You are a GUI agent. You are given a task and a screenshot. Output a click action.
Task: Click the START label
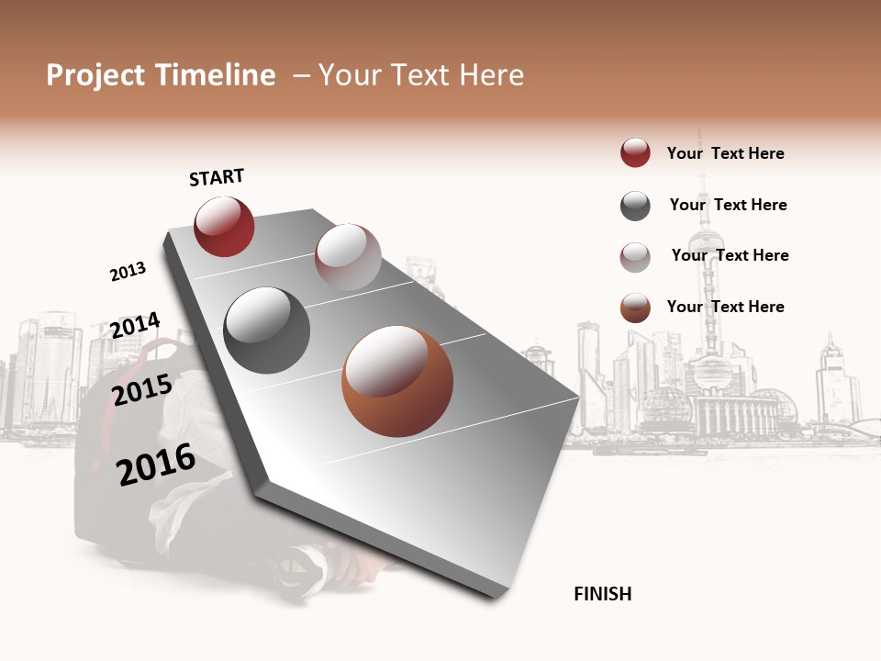pos(217,177)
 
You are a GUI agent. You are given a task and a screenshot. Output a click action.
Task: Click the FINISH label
pos(602,594)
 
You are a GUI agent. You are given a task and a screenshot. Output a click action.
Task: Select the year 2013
pos(128,272)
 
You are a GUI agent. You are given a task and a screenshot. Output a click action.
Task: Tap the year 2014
pos(135,326)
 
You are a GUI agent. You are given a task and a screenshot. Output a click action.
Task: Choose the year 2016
pos(156,464)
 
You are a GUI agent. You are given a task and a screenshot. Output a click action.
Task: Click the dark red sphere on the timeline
pos(224,227)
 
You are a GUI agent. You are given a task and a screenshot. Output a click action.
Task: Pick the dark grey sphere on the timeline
pos(266,330)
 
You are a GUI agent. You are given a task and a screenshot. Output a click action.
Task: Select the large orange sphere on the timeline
pos(397,381)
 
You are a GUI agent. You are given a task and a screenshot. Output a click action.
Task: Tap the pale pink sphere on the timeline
pos(348,257)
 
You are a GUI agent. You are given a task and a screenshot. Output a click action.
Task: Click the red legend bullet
pos(635,153)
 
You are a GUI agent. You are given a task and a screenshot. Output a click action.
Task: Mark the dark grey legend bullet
pos(635,206)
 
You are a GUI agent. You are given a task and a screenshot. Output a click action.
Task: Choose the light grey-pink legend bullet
pos(635,257)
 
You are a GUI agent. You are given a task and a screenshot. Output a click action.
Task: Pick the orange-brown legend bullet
pos(635,308)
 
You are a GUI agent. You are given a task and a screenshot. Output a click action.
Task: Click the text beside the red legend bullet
pos(725,153)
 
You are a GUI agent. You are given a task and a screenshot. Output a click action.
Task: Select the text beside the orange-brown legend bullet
pos(725,307)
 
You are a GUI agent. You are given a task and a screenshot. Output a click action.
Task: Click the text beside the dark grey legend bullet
pos(728,205)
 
